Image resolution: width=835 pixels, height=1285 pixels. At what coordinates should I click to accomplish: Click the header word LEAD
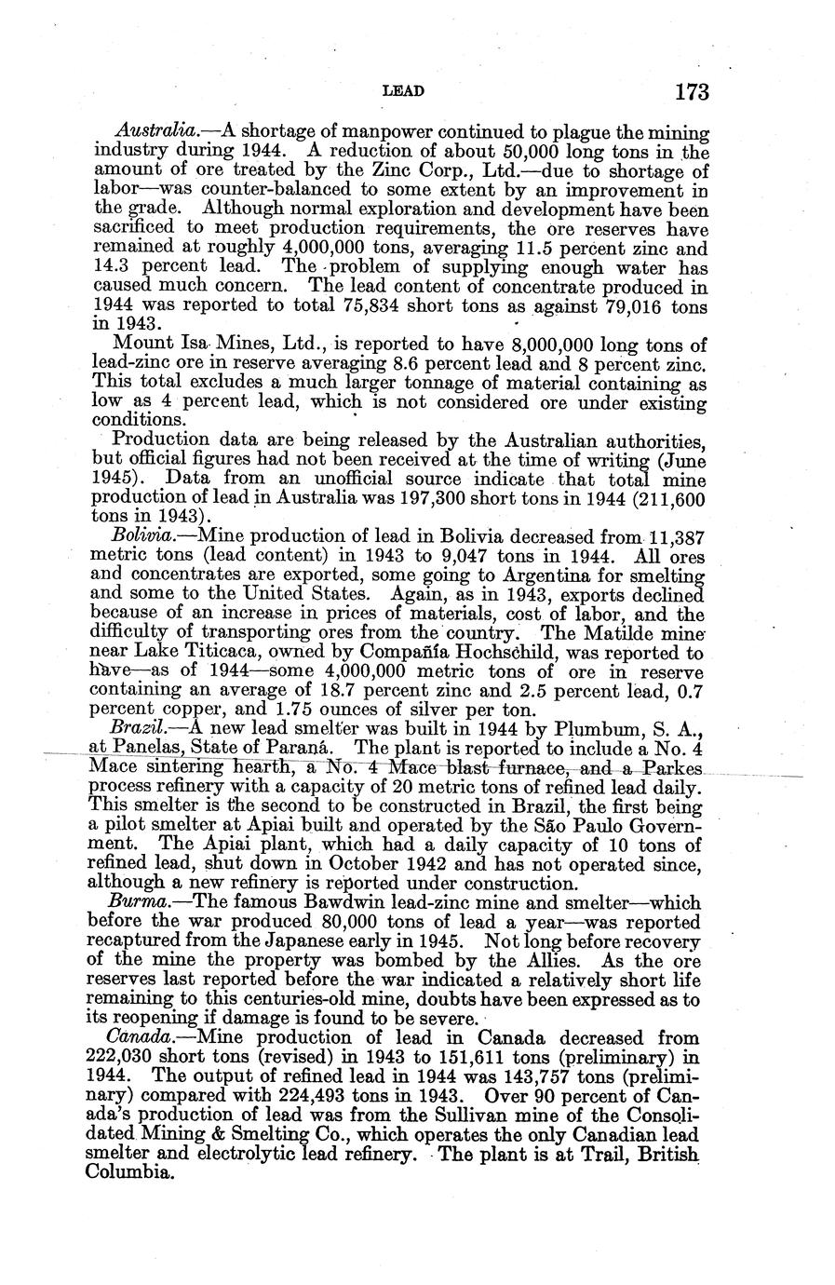click(x=404, y=91)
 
